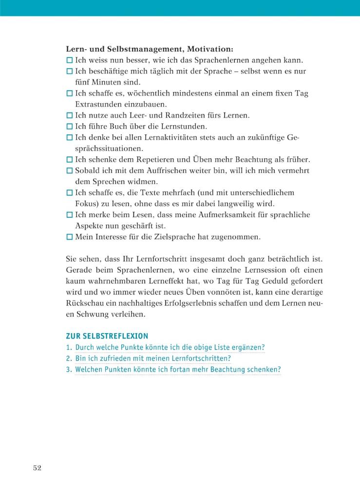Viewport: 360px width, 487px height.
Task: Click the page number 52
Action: (38, 468)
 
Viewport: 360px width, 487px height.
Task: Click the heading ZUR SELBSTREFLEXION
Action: (107, 336)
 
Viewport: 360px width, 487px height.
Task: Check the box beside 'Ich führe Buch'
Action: (69, 127)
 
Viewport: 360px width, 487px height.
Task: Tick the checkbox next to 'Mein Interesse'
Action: (69, 237)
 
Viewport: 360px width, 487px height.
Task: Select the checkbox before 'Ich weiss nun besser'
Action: (69, 60)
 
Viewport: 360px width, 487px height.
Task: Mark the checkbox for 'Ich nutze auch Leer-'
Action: (69, 115)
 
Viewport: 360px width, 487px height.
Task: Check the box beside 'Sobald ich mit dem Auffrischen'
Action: (69, 171)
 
